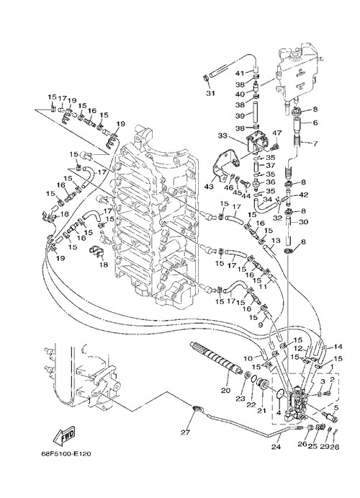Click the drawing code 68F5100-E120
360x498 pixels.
[66, 453]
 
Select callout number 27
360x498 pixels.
[185, 432]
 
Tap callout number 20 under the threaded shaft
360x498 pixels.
[226, 391]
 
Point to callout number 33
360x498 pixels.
[222, 135]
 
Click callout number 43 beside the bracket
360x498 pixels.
[209, 187]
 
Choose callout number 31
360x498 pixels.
[211, 93]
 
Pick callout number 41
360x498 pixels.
[240, 73]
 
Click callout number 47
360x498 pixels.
[277, 133]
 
